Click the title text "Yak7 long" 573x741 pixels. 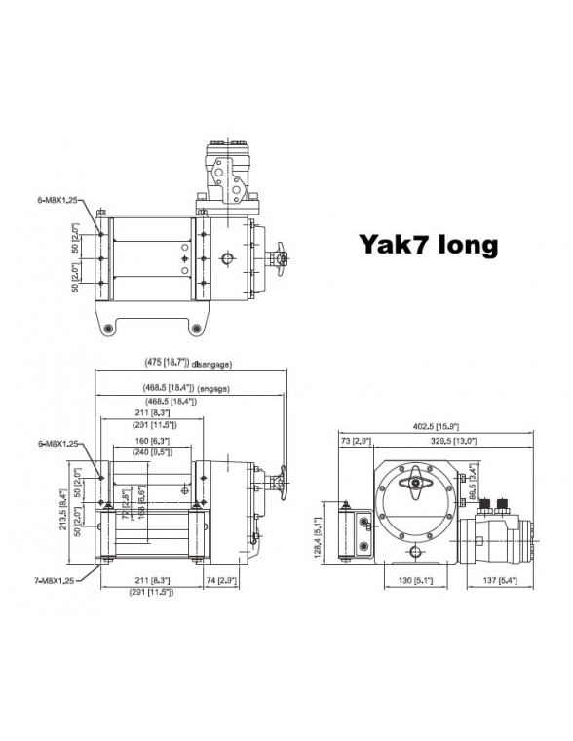(428, 244)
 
